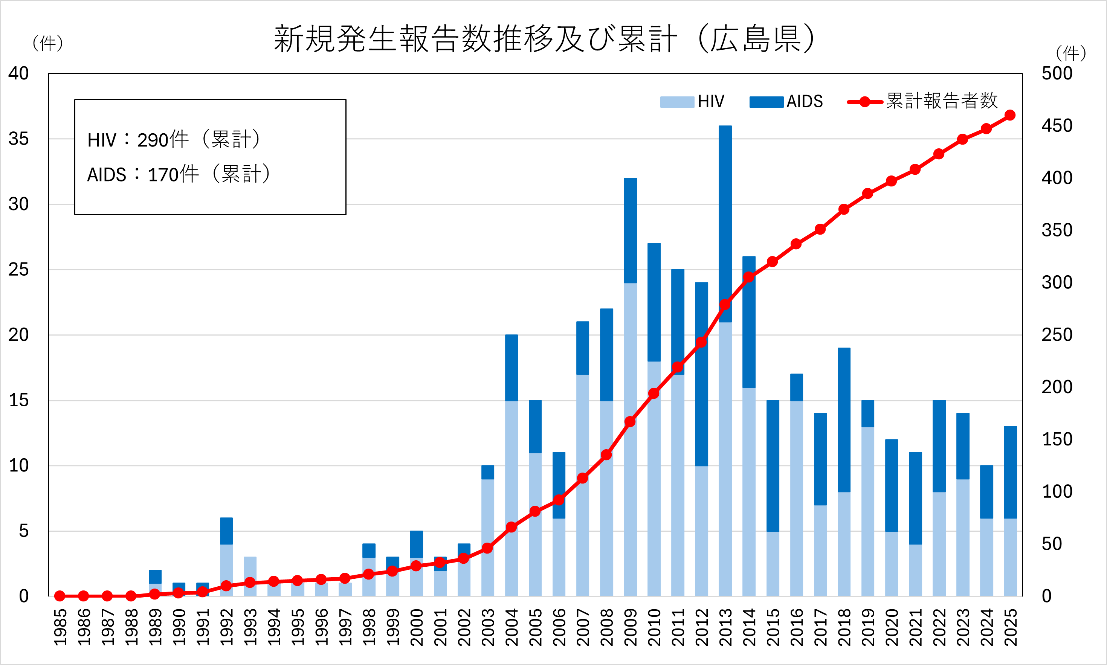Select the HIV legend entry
click(692, 102)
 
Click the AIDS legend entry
click(786, 102)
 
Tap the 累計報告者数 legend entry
click(923, 101)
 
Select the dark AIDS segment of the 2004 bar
click(512, 368)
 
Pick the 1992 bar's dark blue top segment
click(226, 531)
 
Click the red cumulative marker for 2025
click(1010, 115)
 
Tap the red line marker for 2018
click(844, 209)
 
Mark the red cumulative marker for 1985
click(60, 596)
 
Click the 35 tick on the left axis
click(18, 139)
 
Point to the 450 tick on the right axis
click(1057, 126)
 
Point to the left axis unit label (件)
click(47, 43)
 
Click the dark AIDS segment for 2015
click(773, 466)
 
